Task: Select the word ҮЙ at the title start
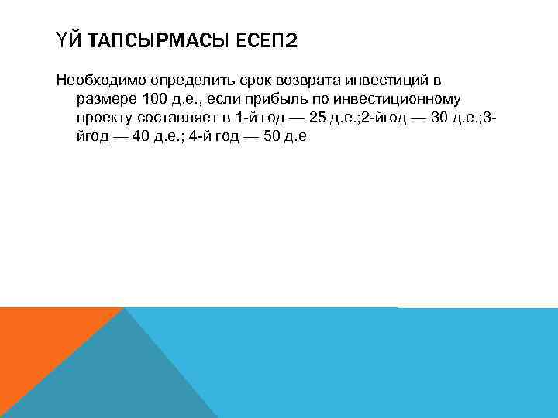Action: pos(67,39)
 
